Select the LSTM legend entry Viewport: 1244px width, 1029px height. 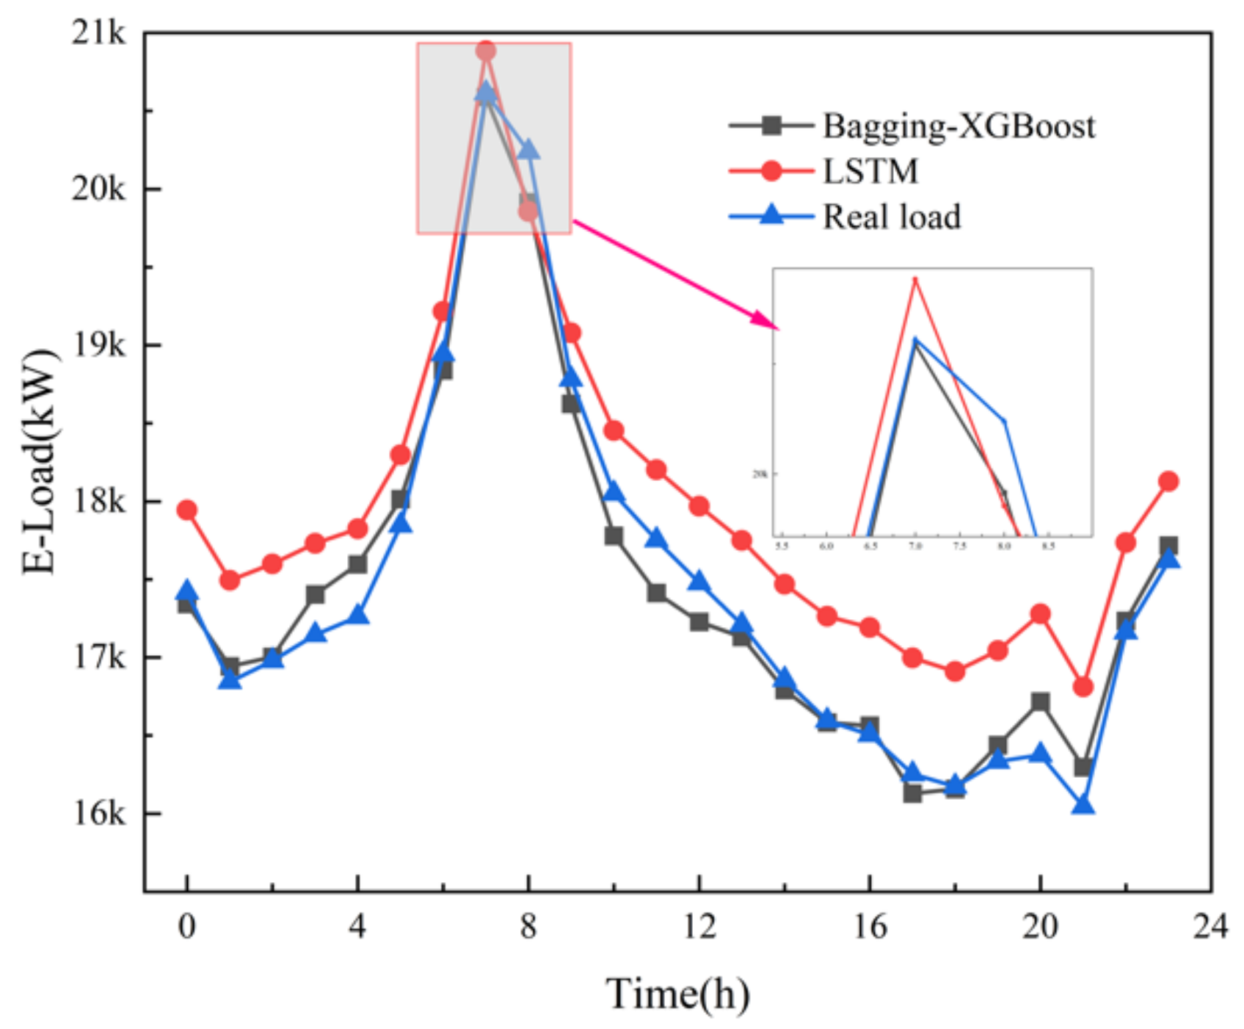coord(870,172)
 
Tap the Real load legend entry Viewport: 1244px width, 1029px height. coord(891,217)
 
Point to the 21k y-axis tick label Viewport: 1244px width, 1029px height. coord(99,33)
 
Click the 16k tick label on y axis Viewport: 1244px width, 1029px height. coord(99,813)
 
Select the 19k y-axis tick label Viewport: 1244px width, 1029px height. coord(99,344)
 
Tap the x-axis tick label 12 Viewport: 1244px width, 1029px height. coord(699,927)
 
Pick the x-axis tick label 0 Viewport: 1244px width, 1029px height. coord(187,927)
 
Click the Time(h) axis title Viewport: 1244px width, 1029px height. coord(677,994)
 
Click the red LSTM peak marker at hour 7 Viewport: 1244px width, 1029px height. coord(486,51)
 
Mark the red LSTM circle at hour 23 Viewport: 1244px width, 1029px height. coord(1168,482)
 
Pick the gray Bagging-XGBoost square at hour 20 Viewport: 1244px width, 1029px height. coord(1040,702)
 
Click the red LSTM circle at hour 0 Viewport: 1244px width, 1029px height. coord(187,510)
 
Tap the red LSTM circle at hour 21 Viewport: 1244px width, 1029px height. coord(1083,687)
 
